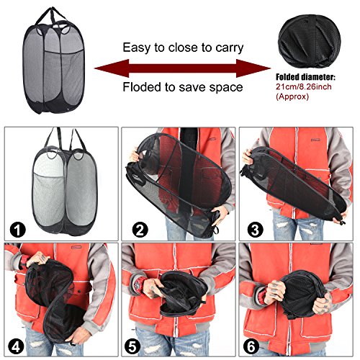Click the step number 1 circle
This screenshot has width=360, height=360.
pyautogui.click(x=18, y=230)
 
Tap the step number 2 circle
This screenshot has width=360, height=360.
pyautogui.click(x=140, y=230)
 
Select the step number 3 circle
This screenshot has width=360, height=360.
pyautogui.click(x=255, y=230)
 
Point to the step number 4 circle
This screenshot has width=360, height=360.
pyautogui.click(x=16, y=346)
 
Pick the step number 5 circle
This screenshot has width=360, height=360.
pyautogui.click(x=132, y=346)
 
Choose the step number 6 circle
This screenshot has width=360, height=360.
pyautogui.click(x=251, y=346)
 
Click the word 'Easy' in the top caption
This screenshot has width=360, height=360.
pyautogui.click(x=137, y=48)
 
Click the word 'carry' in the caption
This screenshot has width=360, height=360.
pyautogui.click(x=230, y=48)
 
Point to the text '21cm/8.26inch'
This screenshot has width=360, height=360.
pyautogui.click(x=304, y=86)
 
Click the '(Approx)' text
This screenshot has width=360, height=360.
pyautogui.click(x=292, y=96)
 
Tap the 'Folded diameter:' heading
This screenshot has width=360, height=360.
pyautogui.click(x=305, y=77)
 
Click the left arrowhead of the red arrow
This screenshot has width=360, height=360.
pyautogui.click(x=112, y=68)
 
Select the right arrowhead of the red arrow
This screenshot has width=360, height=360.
pyautogui.click(x=253, y=68)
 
